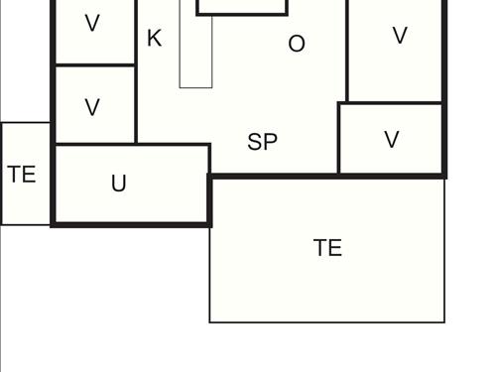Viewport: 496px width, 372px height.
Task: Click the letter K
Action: [154, 39]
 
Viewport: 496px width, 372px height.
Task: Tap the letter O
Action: [296, 44]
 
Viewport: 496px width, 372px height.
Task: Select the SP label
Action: [262, 143]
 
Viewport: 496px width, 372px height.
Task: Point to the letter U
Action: [119, 184]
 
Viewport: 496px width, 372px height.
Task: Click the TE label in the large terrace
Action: [327, 248]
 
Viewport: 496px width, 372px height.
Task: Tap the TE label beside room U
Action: [22, 175]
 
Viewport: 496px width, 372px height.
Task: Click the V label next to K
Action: [92, 24]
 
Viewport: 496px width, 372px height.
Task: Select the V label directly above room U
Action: [92, 108]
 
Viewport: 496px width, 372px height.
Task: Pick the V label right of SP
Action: [392, 140]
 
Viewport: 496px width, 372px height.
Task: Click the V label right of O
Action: [400, 36]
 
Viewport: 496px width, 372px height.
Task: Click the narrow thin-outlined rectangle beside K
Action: [195, 60]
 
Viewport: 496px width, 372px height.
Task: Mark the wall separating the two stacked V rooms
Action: [94, 65]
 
